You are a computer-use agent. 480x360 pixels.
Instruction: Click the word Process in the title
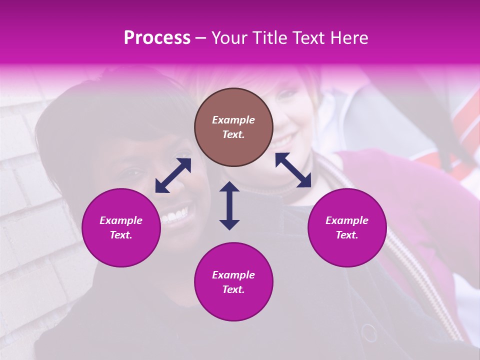click(x=157, y=38)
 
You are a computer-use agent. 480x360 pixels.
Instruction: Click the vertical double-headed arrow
click(x=229, y=205)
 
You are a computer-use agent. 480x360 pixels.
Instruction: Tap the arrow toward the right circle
click(x=293, y=170)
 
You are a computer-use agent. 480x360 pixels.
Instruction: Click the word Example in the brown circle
click(x=233, y=120)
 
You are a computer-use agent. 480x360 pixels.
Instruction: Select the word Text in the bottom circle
click(x=233, y=289)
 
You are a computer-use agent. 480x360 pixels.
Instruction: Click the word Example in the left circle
click(x=121, y=220)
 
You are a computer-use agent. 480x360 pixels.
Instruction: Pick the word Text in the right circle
click(x=347, y=235)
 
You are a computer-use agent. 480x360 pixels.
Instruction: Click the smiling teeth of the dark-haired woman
click(x=174, y=216)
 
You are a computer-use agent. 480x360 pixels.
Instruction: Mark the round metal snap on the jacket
click(x=369, y=332)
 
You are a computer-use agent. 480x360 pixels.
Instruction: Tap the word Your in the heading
click(x=228, y=38)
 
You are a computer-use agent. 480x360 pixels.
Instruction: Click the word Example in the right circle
click(x=347, y=220)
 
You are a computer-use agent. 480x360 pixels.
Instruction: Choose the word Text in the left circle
click(x=121, y=235)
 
